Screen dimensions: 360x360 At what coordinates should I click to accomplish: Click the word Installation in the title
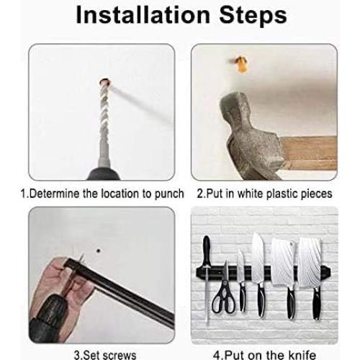pyautogui.click(x=143, y=15)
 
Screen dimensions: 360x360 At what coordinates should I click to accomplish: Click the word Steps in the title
pyautogui.click(x=253, y=15)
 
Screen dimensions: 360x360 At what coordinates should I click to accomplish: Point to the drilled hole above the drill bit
pyautogui.click(x=105, y=82)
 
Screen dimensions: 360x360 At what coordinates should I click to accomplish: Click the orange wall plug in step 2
pyautogui.click(x=240, y=64)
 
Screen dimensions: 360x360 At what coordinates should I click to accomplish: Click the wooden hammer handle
pyautogui.click(x=309, y=153)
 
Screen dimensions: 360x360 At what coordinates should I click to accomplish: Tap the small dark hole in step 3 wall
pyautogui.click(x=98, y=251)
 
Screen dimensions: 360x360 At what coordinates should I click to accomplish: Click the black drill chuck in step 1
pyautogui.click(x=104, y=174)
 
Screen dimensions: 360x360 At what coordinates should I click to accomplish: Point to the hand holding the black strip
pyautogui.click(x=60, y=288)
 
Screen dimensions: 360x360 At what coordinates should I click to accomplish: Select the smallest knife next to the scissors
pyautogui.click(x=242, y=281)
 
